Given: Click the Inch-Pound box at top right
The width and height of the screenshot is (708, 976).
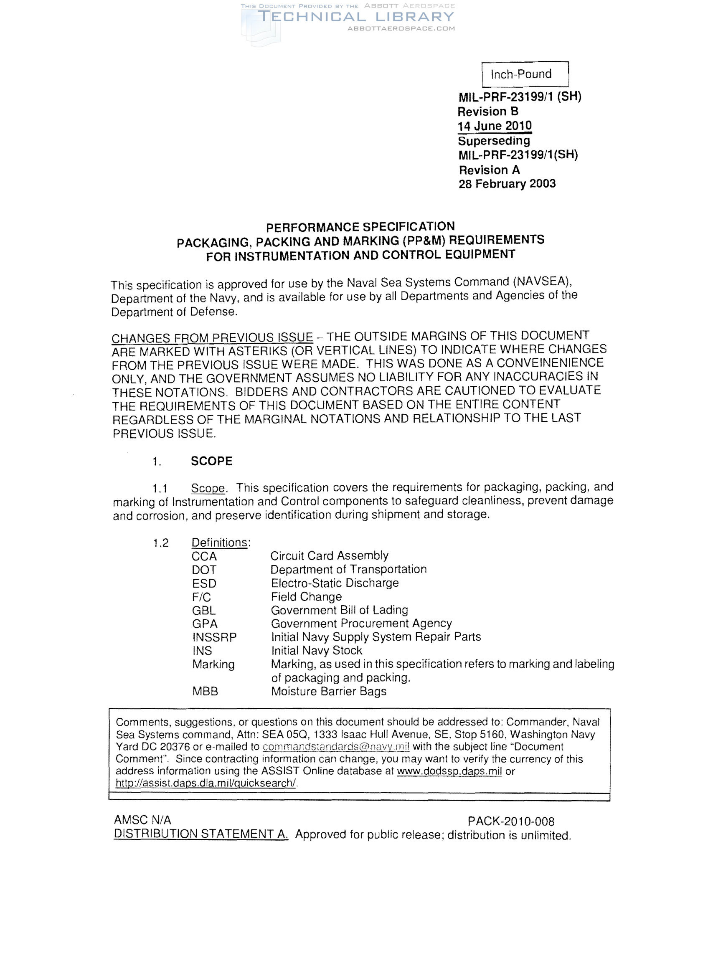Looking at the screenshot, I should tap(525, 74).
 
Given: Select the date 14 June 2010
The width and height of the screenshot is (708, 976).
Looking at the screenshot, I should tap(495, 126).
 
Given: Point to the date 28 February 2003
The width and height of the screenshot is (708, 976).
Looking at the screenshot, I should tap(507, 184).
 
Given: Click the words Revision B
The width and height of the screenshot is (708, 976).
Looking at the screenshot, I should tap(487, 112).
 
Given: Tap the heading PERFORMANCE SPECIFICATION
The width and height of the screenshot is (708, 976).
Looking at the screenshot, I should tap(360, 226).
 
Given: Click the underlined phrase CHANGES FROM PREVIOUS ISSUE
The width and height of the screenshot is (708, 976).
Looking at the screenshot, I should tap(212, 337).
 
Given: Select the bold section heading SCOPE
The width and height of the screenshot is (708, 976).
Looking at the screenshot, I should tap(211, 461).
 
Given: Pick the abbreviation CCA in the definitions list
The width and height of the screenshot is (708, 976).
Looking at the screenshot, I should tap(204, 556).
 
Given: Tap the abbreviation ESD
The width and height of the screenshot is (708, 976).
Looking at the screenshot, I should tap(204, 583).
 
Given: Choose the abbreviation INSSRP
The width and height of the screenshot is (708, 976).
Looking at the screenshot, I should tap(214, 637).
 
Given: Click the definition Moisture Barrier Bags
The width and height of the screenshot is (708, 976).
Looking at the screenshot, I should tap(328, 691).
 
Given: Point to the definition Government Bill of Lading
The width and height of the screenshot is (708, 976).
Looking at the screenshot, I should tap(339, 610).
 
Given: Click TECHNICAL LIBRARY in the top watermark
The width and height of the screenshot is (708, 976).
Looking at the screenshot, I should tap(355, 17).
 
